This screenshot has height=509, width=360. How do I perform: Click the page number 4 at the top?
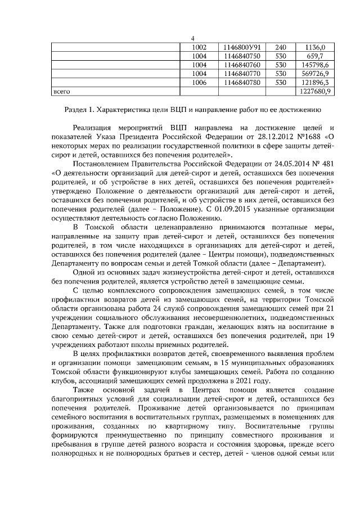pyautogui.click(x=192, y=38)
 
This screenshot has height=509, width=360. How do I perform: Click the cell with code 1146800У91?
pyautogui.click(x=242, y=47)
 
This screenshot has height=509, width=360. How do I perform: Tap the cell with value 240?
pyautogui.click(x=281, y=47)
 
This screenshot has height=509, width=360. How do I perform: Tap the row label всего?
pyautogui.click(x=61, y=91)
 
